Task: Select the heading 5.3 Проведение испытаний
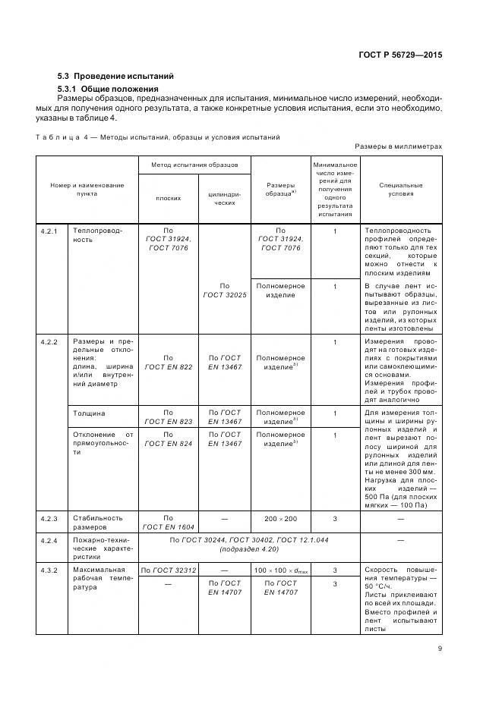(116, 76)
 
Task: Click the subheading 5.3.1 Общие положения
(112, 90)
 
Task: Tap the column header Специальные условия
(402, 189)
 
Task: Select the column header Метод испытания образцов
(194, 164)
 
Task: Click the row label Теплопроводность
(93, 234)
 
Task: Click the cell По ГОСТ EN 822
(168, 362)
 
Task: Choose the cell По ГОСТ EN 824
(168, 439)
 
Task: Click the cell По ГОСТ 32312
(168, 570)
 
